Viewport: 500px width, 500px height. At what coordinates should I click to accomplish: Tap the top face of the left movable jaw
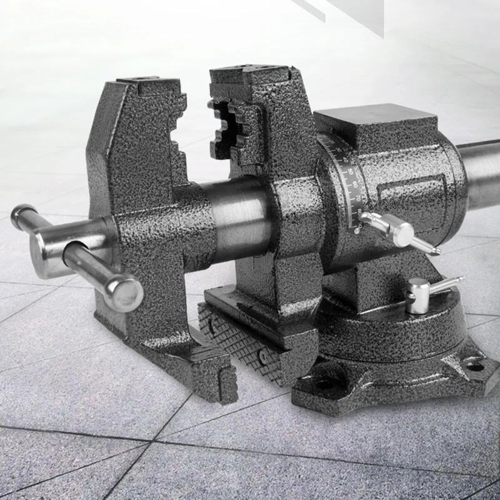147,81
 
